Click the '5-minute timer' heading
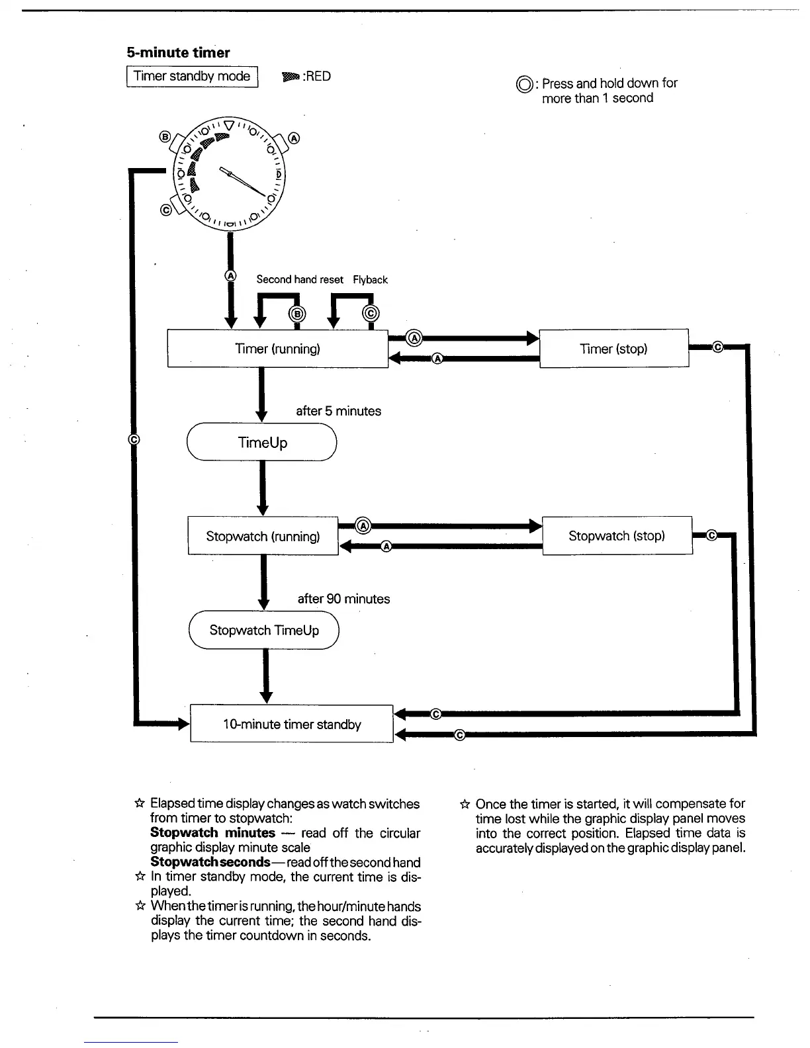(x=178, y=53)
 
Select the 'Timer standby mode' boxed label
(x=192, y=76)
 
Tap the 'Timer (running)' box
(x=277, y=349)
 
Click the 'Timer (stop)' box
(x=613, y=349)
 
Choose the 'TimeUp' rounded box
(x=262, y=443)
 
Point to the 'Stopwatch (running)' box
(x=263, y=536)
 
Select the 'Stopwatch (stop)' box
(x=617, y=536)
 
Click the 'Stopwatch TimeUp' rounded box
(x=264, y=630)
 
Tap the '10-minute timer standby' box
(x=292, y=724)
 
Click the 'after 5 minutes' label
(x=338, y=411)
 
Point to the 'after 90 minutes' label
(x=343, y=599)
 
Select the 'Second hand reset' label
(x=300, y=280)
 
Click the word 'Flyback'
(x=370, y=280)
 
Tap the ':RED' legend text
(x=316, y=76)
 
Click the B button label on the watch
(x=165, y=137)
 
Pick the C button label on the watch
(x=166, y=210)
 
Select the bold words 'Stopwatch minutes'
(x=212, y=833)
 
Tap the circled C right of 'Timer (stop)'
(x=718, y=346)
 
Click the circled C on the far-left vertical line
(x=133, y=439)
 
